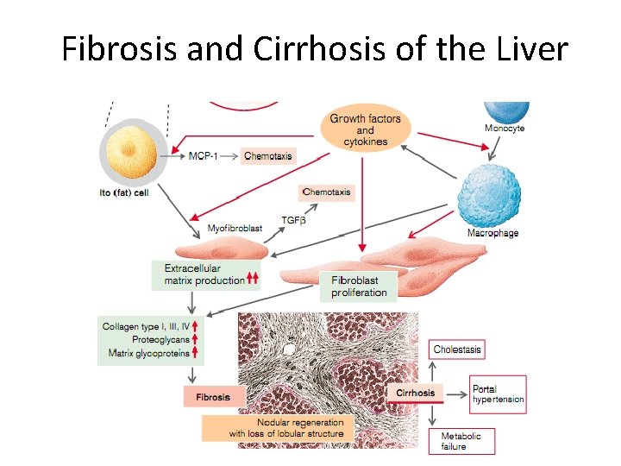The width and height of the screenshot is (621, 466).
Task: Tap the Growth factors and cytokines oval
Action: pos(365,129)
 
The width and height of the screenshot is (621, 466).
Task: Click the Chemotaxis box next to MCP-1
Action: pos(268,156)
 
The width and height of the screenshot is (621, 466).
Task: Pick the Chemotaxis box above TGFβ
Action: pos(327,192)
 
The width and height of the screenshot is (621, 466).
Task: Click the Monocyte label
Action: pos(504,129)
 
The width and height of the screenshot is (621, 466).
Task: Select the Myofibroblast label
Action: pos(235,229)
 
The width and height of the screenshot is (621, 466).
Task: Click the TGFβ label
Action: pos(294,221)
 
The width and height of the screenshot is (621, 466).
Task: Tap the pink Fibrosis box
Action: pos(213,397)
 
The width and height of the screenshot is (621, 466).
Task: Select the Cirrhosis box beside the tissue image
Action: pos(416,393)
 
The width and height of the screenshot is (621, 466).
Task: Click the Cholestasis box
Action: pos(457,349)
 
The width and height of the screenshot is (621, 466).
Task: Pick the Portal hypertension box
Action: pos(498,394)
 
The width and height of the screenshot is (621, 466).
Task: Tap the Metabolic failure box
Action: pos(461,441)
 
